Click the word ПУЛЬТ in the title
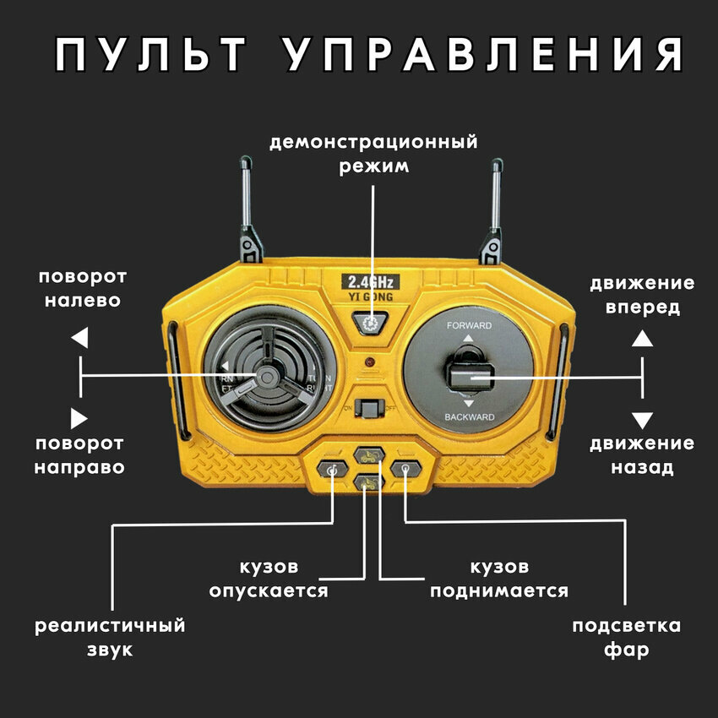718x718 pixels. pyautogui.click(x=152, y=55)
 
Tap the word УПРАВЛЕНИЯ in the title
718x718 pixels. pyautogui.click(x=482, y=55)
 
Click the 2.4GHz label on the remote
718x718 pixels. pyautogui.click(x=369, y=282)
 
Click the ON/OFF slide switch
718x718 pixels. pyautogui.click(x=369, y=407)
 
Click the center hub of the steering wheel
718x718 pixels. pyautogui.click(x=267, y=374)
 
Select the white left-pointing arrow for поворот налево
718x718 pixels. pyautogui.click(x=79, y=339)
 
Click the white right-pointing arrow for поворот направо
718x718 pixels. pyautogui.click(x=79, y=417)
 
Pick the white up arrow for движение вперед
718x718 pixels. pyautogui.click(x=643, y=339)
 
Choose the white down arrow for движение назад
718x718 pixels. pyautogui.click(x=643, y=420)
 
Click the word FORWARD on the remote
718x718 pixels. pyautogui.click(x=469, y=325)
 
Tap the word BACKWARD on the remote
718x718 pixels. pyautogui.click(x=469, y=418)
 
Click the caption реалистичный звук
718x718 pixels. pyautogui.click(x=110, y=638)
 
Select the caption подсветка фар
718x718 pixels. pyautogui.click(x=626, y=638)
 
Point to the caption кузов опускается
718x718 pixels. pyautogui.click(x=269, y=579)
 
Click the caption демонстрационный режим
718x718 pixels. pyautogui.click(x=373, y=153)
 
